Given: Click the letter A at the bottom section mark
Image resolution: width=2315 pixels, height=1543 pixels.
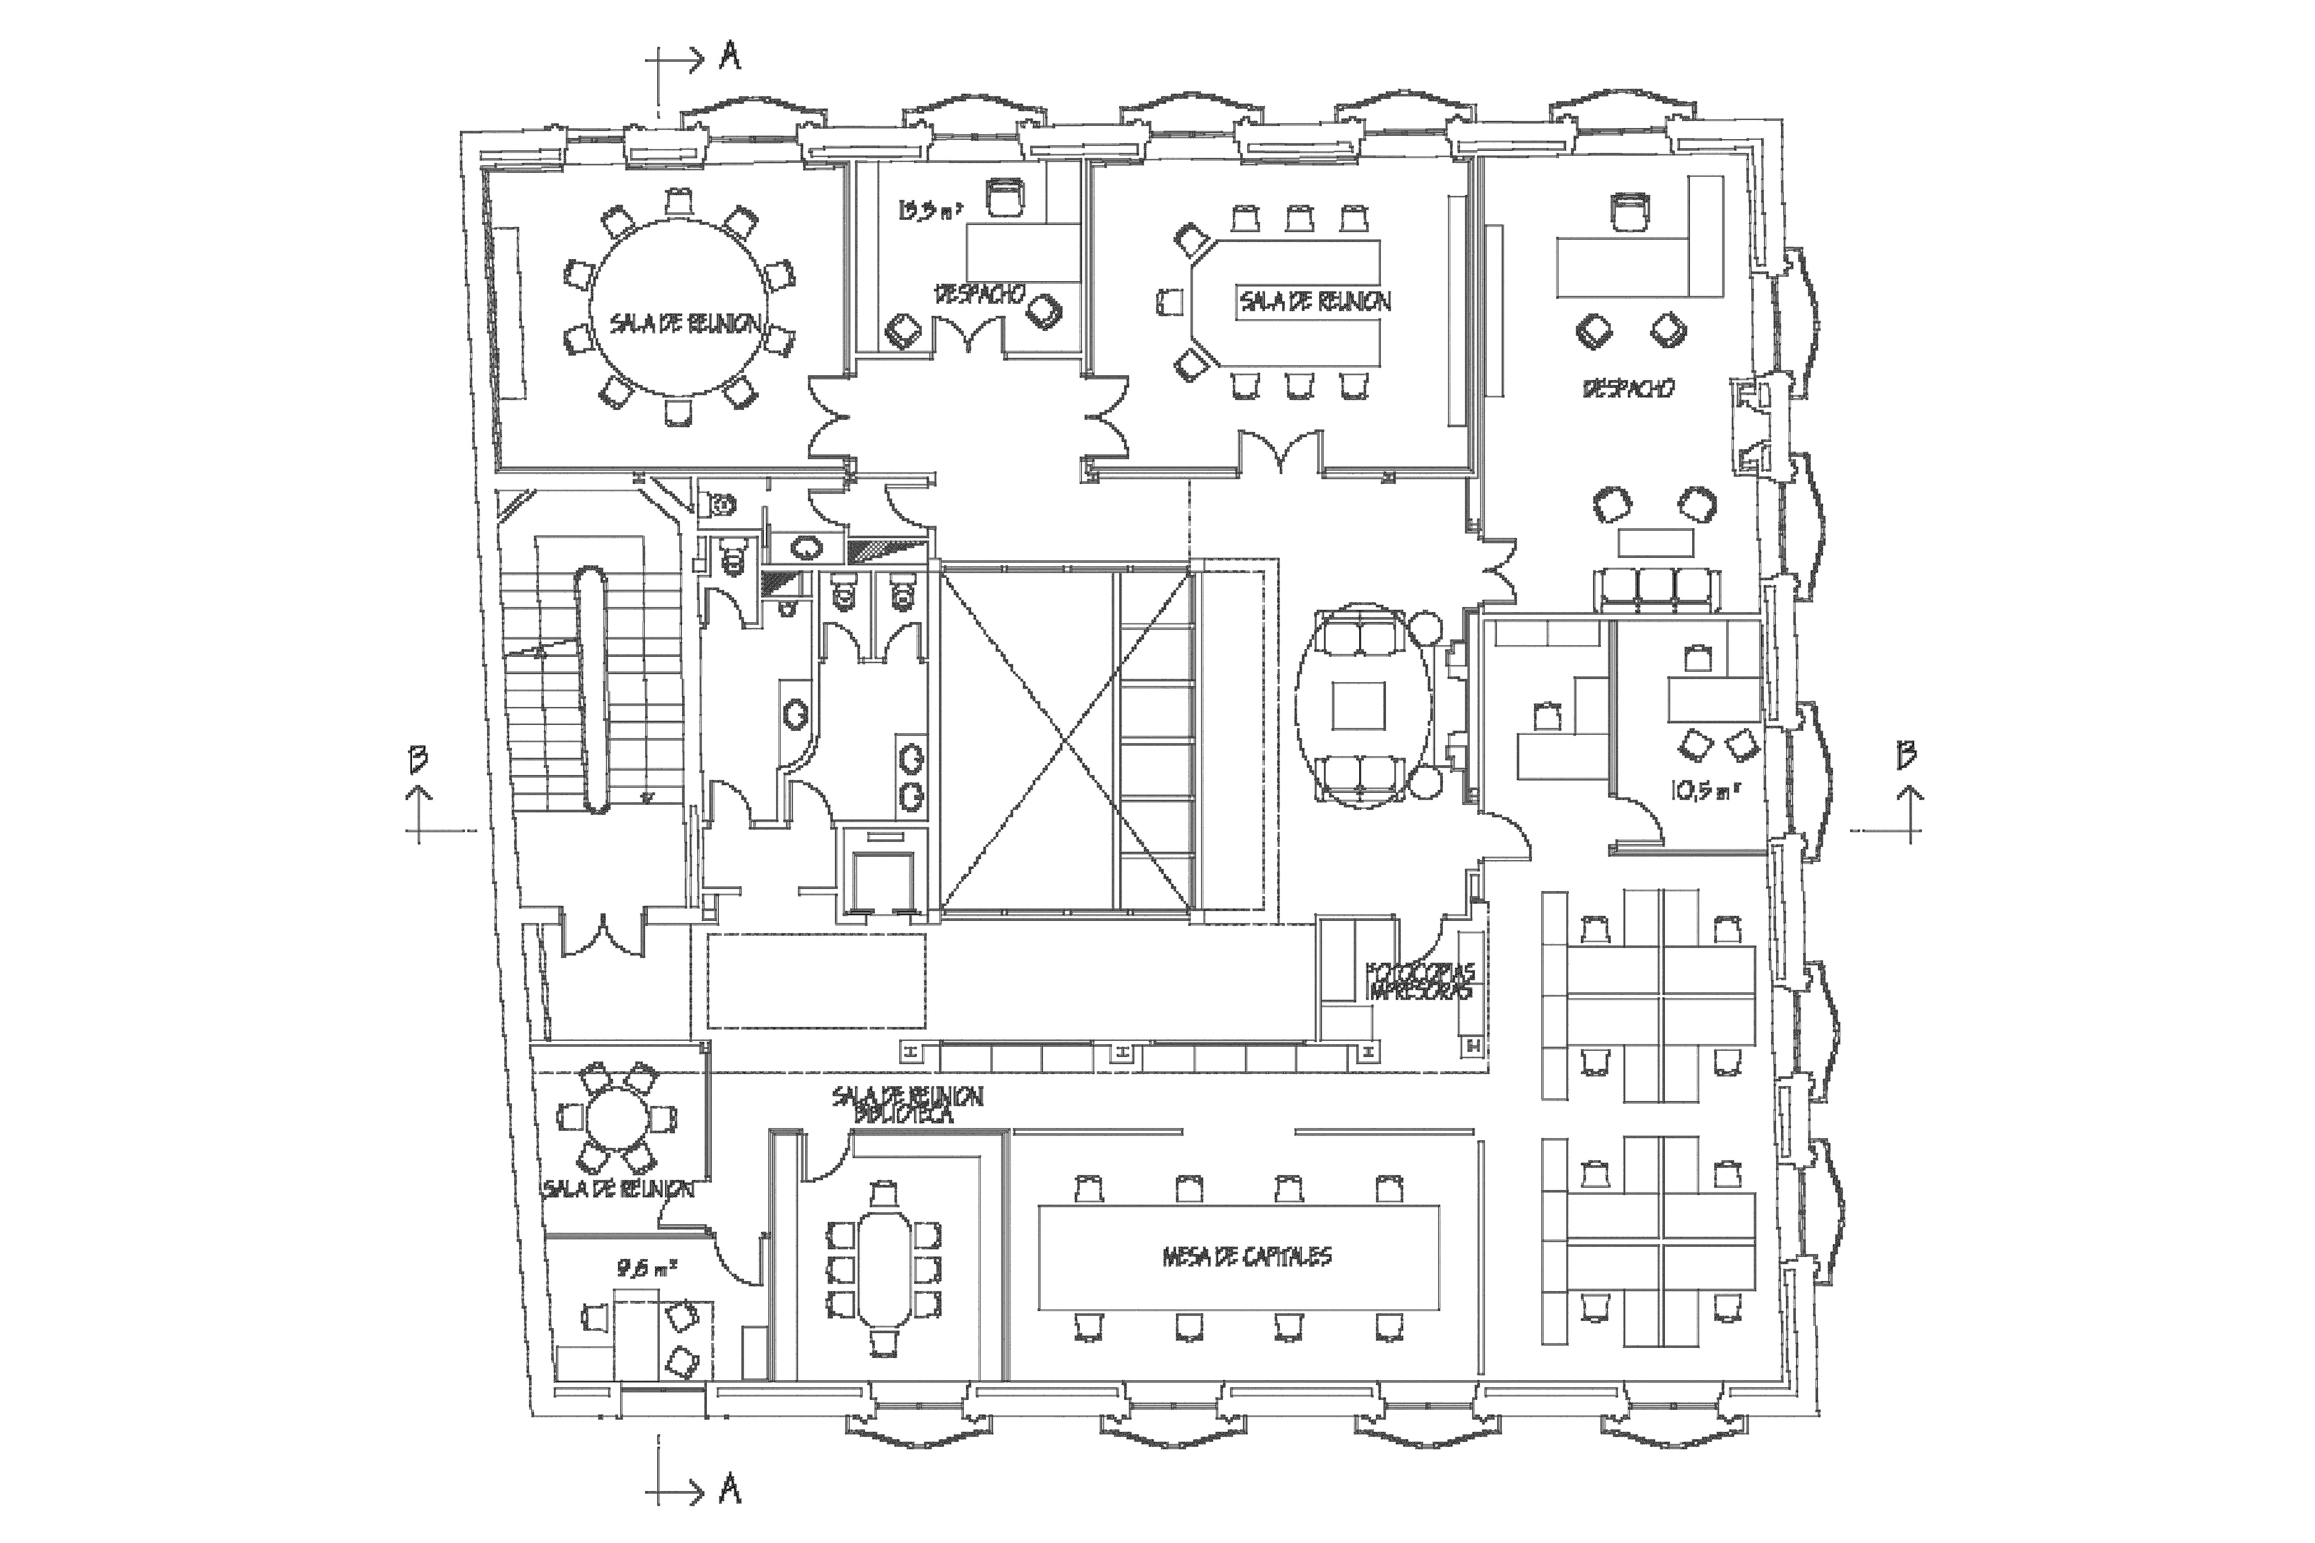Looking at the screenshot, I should pyautogui.click(x=729, y=1491).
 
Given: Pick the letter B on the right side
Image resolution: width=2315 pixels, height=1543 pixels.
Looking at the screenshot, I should pyautogui.click(x=1906, y=755).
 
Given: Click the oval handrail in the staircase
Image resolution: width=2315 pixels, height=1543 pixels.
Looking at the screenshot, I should pyautogui.click(x=591, y=689).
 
